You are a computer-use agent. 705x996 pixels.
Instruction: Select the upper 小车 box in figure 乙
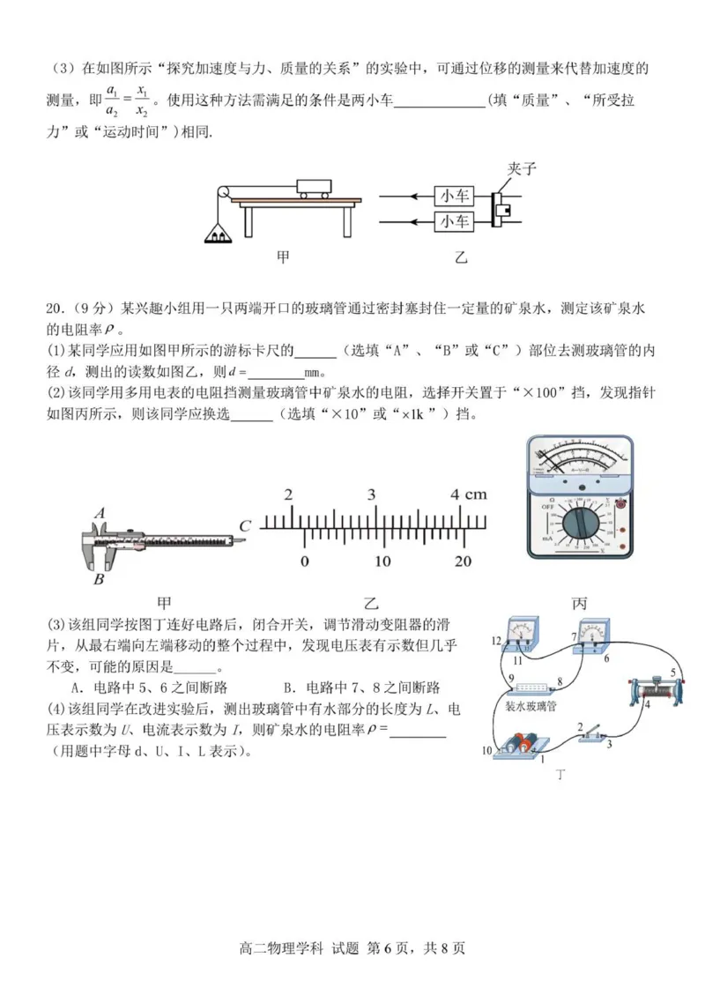pos(454,196)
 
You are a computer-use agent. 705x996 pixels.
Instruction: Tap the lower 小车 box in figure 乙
pos(454,220)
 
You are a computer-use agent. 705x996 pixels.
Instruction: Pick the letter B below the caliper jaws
pos(99,579)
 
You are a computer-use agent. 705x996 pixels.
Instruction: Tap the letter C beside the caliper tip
pos(245,526)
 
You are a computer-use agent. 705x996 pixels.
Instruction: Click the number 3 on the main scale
pos(372,494)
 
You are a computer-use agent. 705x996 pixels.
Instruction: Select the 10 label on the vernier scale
pos(382,561)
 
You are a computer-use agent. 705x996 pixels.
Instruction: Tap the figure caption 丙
pos(579,604)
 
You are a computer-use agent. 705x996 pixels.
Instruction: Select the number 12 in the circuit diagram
pos(496,640)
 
